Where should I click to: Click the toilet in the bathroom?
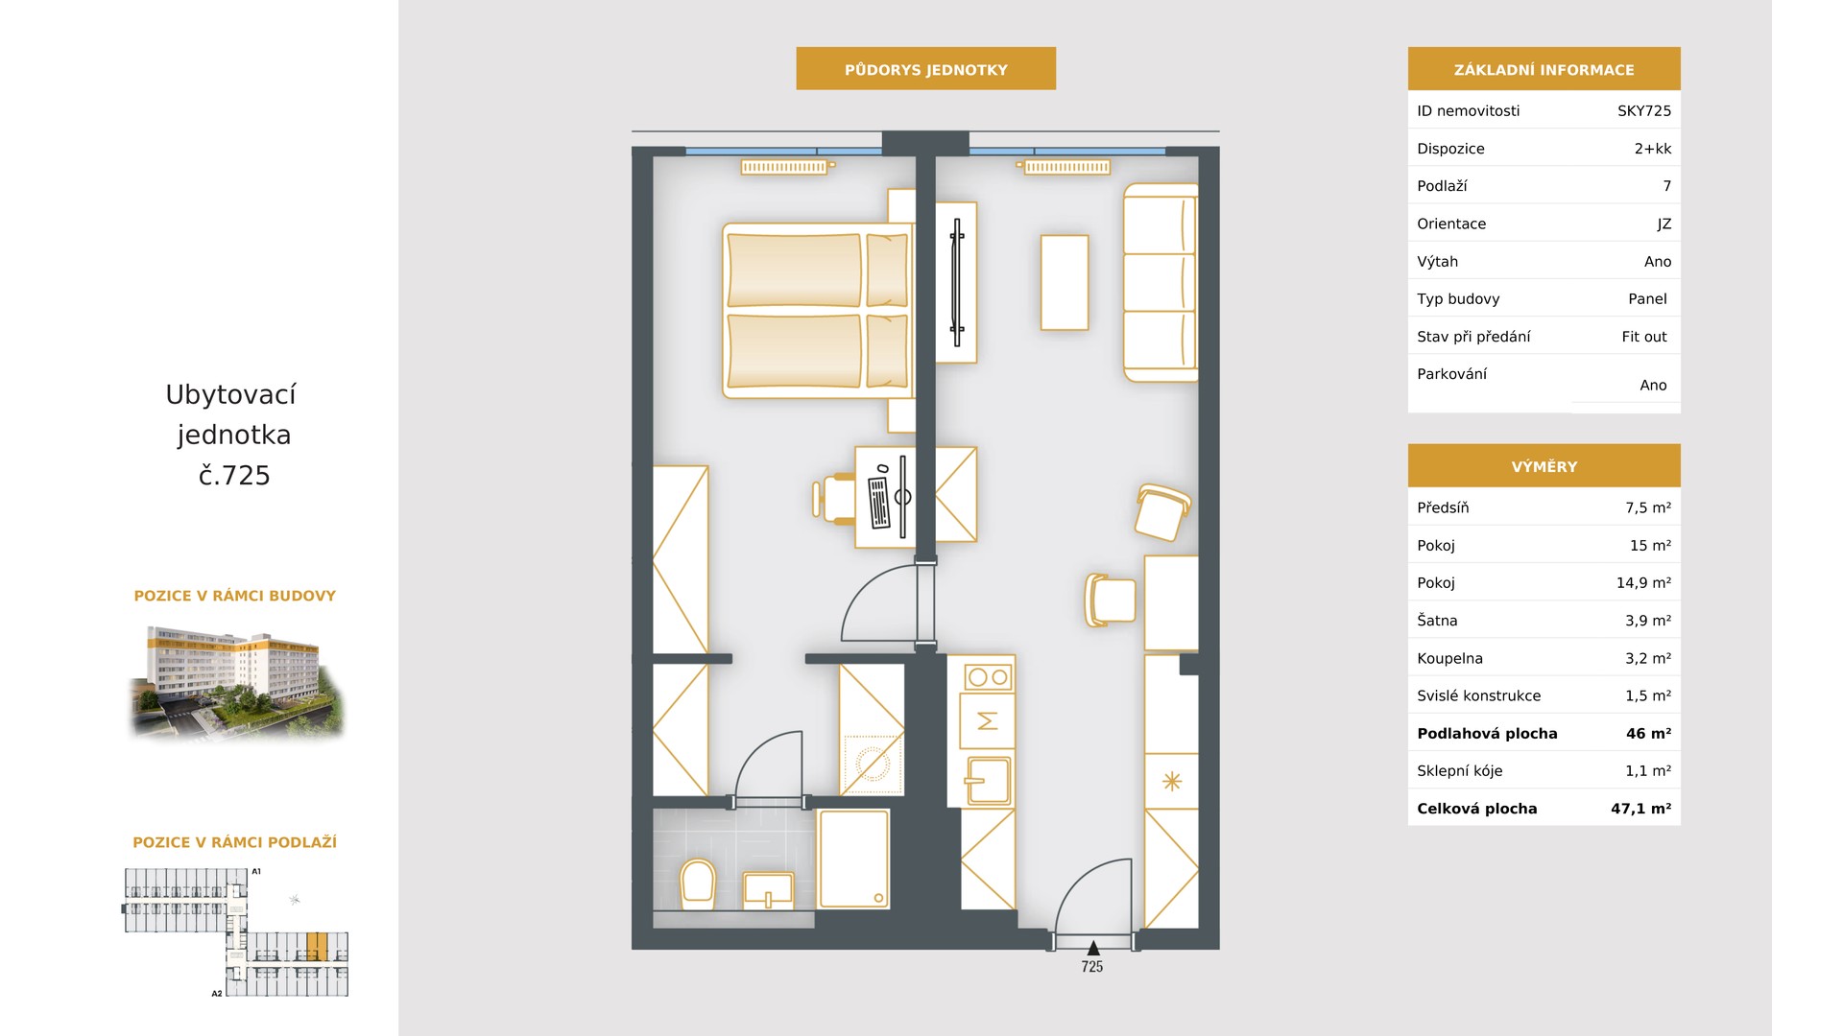tap(698, 883)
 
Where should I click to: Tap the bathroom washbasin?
tap(768, 890)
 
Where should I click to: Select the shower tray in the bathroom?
tap(853, 859)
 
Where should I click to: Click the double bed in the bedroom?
tap(816, 311)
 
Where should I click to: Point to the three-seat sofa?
tap(1161, 283)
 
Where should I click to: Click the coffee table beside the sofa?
tap(1065, 283)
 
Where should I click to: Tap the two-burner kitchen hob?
tap(988, 677)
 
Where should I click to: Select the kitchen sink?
tap(988, 780)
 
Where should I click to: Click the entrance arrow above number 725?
tap(1092, 949)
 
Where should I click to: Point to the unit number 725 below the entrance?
tap(1092, 967)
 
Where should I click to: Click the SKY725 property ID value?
tap(1644, 110)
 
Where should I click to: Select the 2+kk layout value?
tap(1653, 149)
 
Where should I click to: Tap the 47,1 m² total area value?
tap(1641, 809)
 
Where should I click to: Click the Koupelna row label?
tap(1449, 658)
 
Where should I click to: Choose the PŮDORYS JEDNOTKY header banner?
tap(926, 69)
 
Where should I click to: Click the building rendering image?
tap(236, 682)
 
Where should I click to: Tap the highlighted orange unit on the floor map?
tap(318, 946)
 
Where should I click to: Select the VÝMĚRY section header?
tap(1544, 466)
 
